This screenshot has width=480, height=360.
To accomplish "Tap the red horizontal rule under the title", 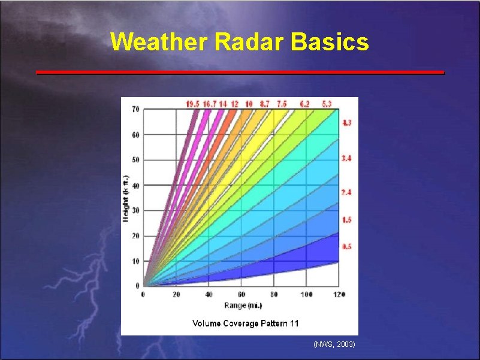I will pos(240,72).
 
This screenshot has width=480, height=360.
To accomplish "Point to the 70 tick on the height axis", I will pos(135,109).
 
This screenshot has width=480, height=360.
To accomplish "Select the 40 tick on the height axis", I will pos(135,186).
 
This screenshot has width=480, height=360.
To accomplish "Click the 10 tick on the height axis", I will pos(135,261).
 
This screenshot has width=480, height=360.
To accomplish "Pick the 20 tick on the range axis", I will pos(176,295).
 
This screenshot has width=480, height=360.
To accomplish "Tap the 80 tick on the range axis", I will pos(274,295).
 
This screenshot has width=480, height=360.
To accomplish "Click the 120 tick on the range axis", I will pos(339,295).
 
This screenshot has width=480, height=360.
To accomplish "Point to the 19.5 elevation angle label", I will pos(192,104).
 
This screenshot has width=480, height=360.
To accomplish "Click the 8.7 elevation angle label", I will pos(264,104).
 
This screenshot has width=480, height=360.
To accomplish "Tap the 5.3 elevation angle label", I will pos(327,104).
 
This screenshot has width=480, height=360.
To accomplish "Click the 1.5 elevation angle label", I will pos(346,220).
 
